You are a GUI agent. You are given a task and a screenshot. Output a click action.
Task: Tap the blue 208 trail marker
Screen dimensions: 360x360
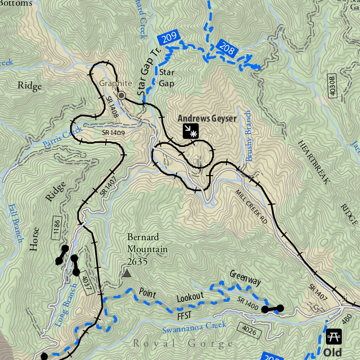pyautogui.click(x=226, y=48)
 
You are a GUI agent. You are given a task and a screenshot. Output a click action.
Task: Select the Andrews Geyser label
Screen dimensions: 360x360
pyautogui.click(x=207, y=118)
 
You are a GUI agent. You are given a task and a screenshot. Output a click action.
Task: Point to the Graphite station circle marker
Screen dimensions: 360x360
pyautogui.click(x=121, y=95)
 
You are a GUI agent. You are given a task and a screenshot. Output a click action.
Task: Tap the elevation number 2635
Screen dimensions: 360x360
pyautogui.click(x=137, y=262)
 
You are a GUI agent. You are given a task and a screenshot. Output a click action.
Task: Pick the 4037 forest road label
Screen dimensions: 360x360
pyautogui.click(x=87, y=282)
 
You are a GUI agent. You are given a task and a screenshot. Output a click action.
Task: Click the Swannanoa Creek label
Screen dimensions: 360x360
pyautogui.click(x=194, y=328)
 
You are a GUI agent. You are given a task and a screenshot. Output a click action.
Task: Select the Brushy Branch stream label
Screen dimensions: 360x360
pyautogui.click(x=249, y=136)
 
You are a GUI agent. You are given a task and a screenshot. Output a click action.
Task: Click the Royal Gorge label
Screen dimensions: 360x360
pyautogui.click(x=183, y=343)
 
